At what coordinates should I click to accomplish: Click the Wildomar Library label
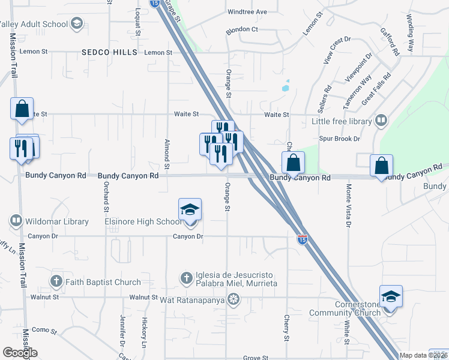(x=56, y=221)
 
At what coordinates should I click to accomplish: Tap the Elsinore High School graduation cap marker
(x=190, y=211)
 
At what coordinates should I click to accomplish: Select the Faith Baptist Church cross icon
(x=56, y=281)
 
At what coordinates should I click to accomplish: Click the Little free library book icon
(x=380, y=121)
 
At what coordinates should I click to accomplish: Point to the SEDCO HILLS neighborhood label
(x=110, y=53)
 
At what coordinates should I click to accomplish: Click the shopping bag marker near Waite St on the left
(x=22, y=109)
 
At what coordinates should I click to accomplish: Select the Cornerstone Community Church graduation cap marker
(x=390, y=297)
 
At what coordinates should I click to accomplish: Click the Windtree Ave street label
(x=247, y=12)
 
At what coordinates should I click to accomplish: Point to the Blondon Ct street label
(x=241, y=29)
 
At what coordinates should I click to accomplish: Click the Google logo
(x=20, y=353)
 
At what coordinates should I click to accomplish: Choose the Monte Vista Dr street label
(x=348, y=206)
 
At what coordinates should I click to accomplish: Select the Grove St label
(x=256, y=358)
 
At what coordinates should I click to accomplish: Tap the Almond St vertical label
(x=167, y=154)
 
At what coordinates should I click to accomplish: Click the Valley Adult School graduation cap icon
(x=76, y=24)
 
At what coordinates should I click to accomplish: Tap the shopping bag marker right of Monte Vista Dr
(x=382, y=166)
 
